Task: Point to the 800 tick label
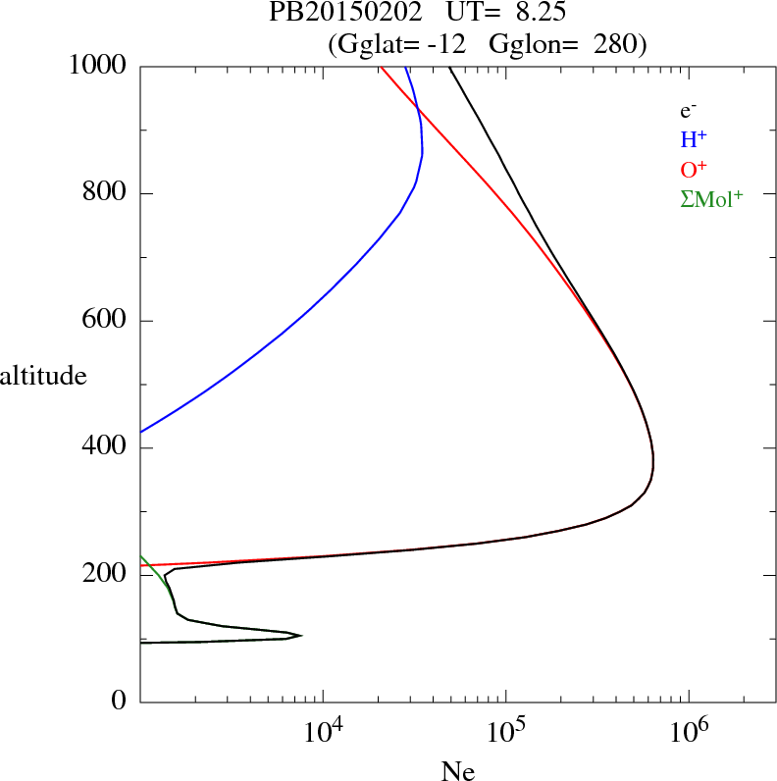click(104, 193)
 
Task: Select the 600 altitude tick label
click(104, 321)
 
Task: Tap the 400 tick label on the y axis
click(104, 448)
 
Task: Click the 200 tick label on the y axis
click(104, 575)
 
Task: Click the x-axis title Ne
click(456, 770)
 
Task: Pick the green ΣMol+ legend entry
click(711, 198)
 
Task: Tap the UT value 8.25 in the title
click(538, 14)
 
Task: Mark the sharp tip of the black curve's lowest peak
click(301, 636)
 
